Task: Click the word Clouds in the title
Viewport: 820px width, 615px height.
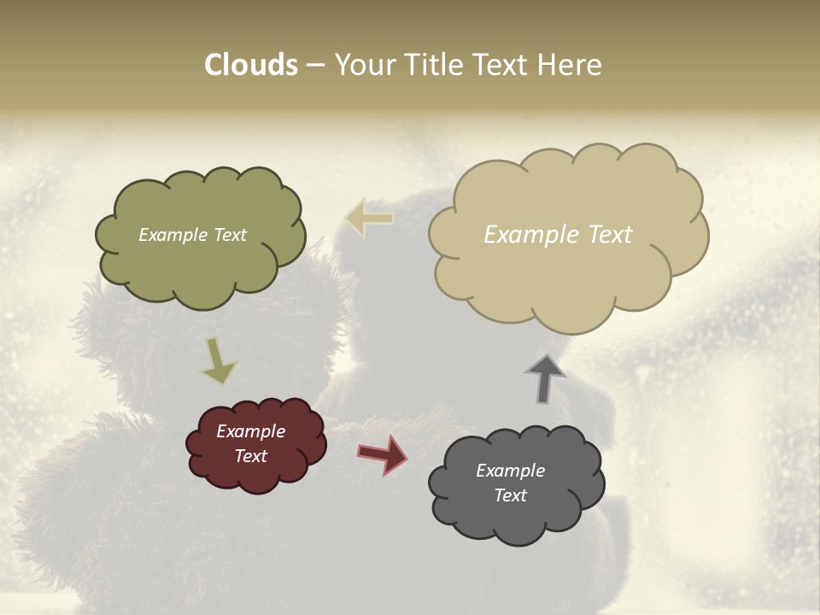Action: pos(250,65)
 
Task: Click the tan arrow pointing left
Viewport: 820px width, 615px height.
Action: pos(370,219)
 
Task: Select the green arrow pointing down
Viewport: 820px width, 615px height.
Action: pos(218,360)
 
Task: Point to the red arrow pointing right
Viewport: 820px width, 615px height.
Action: pos(383,454)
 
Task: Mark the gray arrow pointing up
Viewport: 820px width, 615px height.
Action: pos(544,378)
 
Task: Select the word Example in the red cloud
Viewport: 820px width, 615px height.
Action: pos(250,431)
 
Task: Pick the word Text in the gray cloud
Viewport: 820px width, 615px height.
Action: pos(510,495)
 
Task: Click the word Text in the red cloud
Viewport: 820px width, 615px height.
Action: pos(250,456)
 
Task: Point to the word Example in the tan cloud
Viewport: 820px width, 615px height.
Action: pos(532,235)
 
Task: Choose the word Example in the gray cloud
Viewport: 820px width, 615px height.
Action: pos(510,471)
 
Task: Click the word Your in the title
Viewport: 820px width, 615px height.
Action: pos(359,65)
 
